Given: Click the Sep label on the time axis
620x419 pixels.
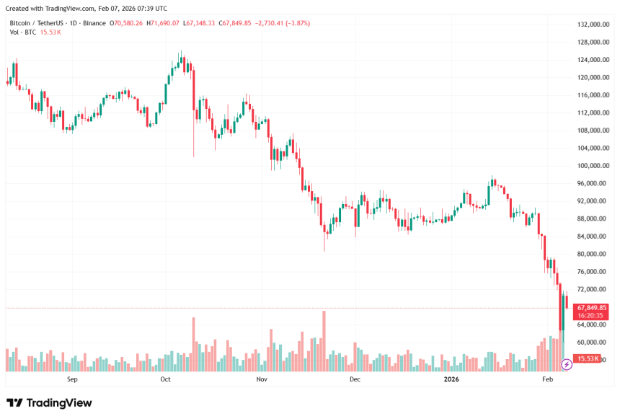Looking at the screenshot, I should coord(72,379).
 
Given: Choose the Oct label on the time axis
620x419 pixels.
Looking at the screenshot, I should coord(165,379).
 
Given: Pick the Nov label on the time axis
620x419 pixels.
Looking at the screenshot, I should coord(262,379).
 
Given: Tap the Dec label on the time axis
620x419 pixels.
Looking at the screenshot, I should coord(354,379).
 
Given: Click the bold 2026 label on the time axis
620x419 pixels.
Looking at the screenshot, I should coord(451,379).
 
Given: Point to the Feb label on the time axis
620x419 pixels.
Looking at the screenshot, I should coord(547,379).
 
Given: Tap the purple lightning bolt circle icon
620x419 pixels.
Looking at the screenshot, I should coord(566,365).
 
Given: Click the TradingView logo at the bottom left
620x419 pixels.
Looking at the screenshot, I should coord(49,403).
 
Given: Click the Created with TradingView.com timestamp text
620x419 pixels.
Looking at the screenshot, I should coord(86,9).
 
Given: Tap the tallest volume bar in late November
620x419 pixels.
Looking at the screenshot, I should coord(324,341).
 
